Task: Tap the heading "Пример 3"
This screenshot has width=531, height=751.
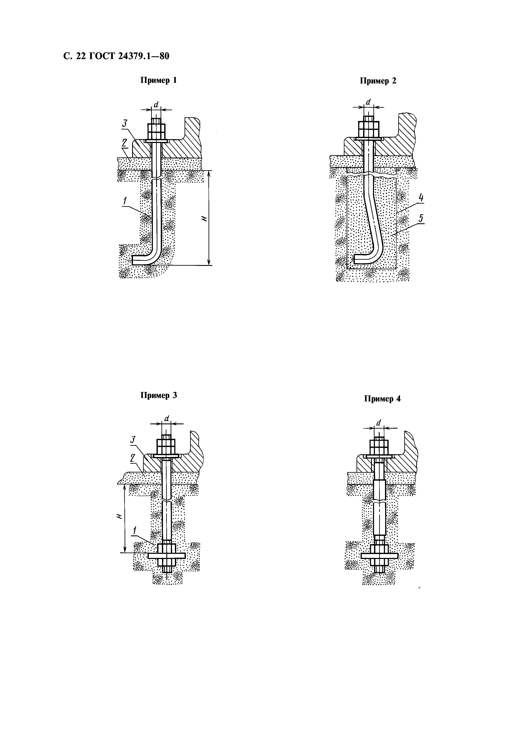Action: [x=158, y=395]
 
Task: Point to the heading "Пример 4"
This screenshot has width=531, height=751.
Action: [x=382, y=399]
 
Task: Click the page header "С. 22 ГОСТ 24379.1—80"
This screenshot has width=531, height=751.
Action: [x=116, y=57]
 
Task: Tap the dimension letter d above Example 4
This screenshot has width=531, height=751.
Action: [x=379, y=423]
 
